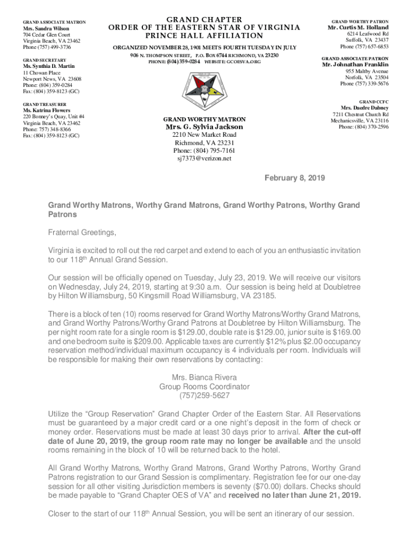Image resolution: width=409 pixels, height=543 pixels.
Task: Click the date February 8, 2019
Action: [x=295, y=178]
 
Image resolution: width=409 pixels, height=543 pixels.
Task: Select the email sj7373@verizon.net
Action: [x=204, y=159]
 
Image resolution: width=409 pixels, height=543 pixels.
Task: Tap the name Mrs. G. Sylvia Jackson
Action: [x=204, y=127]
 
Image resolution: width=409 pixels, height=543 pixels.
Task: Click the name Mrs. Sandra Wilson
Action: [x=45, y=29]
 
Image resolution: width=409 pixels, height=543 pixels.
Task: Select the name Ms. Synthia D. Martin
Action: [x=48, y=66]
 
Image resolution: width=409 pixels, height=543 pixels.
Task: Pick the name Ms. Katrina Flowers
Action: [x=46, y=110]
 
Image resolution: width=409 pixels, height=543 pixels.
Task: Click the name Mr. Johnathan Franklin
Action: [x=355, y=65]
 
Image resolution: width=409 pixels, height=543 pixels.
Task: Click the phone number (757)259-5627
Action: [x=204, y=396]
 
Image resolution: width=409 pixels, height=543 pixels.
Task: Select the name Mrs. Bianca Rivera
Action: [x=204, y=378]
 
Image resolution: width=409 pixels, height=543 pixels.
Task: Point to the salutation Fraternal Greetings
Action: [x=82, y=233]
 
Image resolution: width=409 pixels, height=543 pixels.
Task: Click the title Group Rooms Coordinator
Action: [x=204, y=387]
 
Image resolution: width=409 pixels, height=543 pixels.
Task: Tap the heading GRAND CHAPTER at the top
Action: [x=204, y=20]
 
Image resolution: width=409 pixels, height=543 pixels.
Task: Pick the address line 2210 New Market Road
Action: [x=204, y=135]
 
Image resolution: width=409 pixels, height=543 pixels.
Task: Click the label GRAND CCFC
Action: [x=373, y=101]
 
